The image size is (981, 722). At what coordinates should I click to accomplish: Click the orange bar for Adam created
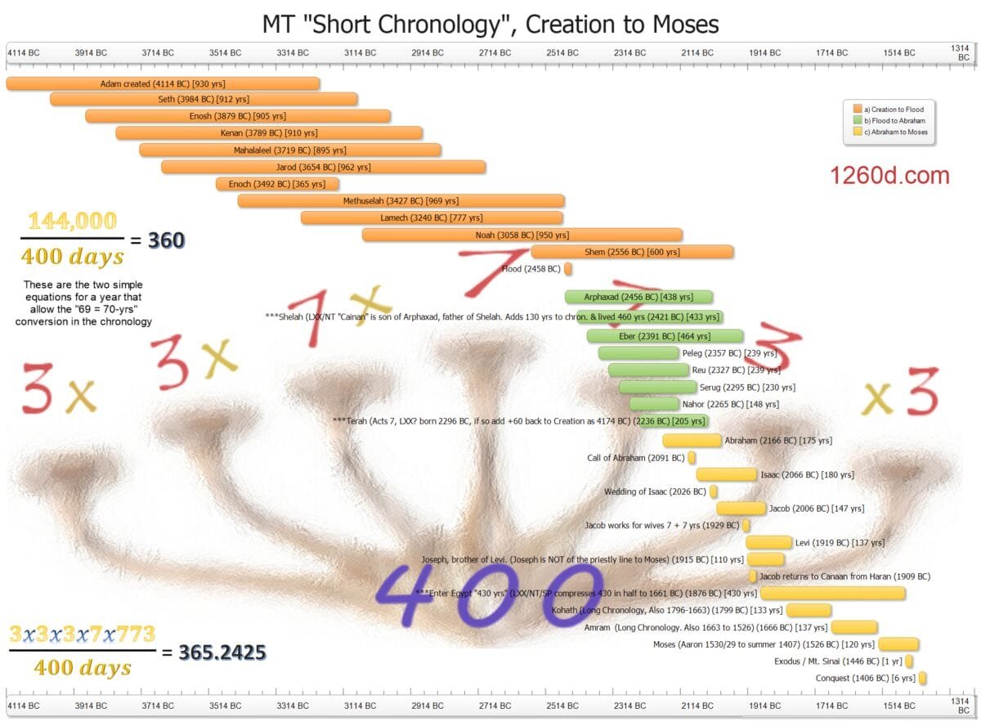(163, 83)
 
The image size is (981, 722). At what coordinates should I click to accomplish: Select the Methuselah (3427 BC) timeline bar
(401, 200)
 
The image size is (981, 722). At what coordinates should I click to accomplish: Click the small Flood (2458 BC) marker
(568, 268)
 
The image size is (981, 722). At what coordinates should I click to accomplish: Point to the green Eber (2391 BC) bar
(665, 336)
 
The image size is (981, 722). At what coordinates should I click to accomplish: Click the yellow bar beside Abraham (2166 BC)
(692, 441)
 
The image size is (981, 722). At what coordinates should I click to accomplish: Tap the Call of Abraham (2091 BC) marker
(692, 458)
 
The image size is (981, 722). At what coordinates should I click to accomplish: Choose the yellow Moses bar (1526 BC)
(898, 644)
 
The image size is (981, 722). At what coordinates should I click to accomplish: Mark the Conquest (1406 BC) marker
(923, 678)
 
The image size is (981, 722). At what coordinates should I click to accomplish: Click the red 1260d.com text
(889, 175)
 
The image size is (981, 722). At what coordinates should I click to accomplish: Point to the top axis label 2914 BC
(427, 53)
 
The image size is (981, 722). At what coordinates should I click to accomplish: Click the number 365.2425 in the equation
(222, 652)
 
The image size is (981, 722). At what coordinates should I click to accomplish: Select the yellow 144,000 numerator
(73, 221)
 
